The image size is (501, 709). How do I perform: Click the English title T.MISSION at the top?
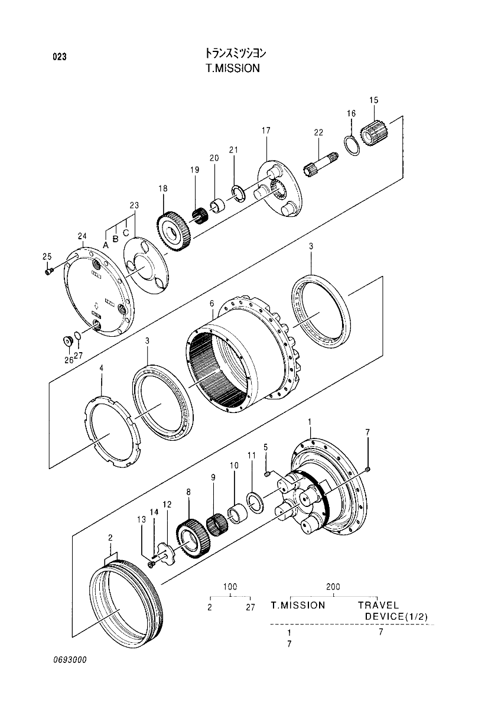coord(232,68)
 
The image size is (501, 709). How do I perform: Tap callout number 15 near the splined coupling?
coord(373,100)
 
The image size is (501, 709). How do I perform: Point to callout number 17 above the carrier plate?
coord(266,130)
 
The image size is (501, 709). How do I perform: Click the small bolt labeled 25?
coord(50,271)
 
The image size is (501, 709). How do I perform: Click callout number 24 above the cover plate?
coord(82,236)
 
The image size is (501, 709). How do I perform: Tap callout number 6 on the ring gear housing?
coord(211,304)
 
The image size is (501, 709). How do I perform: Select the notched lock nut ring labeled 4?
coord(112,434)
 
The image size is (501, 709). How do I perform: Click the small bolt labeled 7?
coord(368,469)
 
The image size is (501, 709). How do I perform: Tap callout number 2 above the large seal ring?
coord(110,538)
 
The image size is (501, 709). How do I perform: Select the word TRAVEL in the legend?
coord(378,606)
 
